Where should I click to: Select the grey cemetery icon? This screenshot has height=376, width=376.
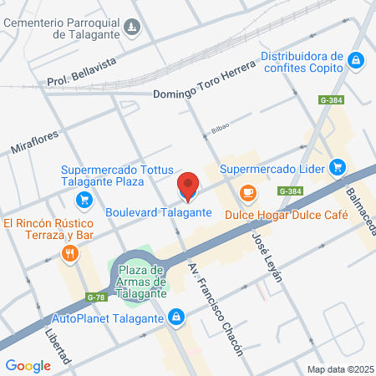point(131,30)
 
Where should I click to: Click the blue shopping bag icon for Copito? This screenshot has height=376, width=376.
point(356,60)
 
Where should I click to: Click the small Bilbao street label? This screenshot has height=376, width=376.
point(219,128)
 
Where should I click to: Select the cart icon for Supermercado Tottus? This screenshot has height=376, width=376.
point(84,200)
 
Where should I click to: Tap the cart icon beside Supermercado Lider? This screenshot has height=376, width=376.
point(338,168)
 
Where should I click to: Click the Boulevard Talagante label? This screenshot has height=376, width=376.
point(159,212)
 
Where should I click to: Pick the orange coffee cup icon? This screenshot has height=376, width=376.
point(247,194)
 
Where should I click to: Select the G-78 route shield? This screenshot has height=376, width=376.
point(96,297)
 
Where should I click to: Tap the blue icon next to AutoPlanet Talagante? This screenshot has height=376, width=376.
point(176,318)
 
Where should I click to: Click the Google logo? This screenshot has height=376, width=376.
point(28,365)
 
